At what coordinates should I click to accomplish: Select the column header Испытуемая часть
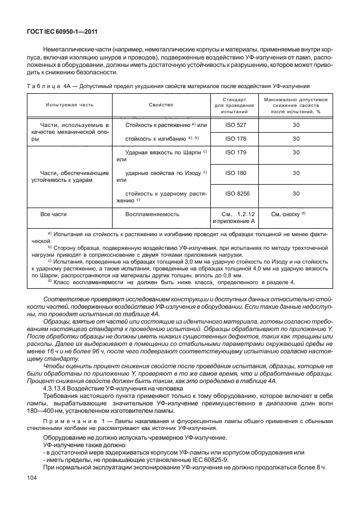(x=66, y=105)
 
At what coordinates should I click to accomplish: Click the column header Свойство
(x=161, y=105)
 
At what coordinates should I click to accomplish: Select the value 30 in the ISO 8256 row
(x=296, y=194)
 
